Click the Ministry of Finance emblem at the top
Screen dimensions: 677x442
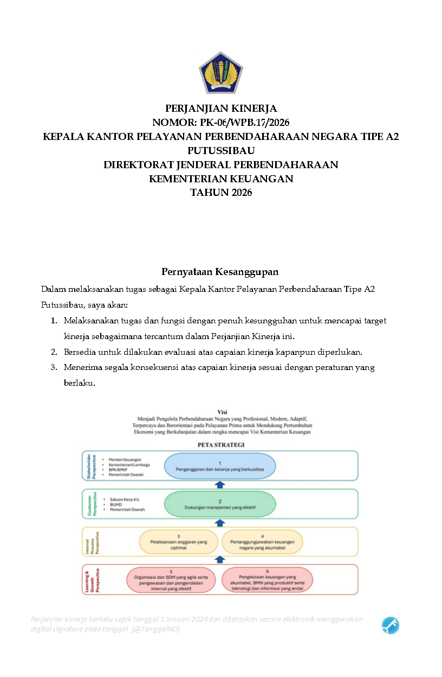[x=220, y=73]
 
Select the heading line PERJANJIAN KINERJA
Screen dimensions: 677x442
[x=220, y=108]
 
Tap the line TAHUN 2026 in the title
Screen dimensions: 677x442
[x=220, y=193]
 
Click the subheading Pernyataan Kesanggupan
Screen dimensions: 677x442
[x=220, y=271]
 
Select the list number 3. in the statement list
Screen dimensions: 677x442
[x=54, y=367]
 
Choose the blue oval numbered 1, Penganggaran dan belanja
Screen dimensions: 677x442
[x=220, y=466]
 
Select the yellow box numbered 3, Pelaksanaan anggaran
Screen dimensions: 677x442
[x=179, y=542]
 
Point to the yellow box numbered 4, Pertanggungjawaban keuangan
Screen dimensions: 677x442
[x=262, y=542]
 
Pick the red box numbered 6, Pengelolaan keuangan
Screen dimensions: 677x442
[x=268, y=580]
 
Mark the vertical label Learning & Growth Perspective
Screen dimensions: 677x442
[x=90, y=580]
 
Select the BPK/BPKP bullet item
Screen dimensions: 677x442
[x=117, y=470]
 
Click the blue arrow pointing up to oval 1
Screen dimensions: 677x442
[x=220, y=484]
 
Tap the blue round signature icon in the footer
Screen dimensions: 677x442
[x=390, y=625]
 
